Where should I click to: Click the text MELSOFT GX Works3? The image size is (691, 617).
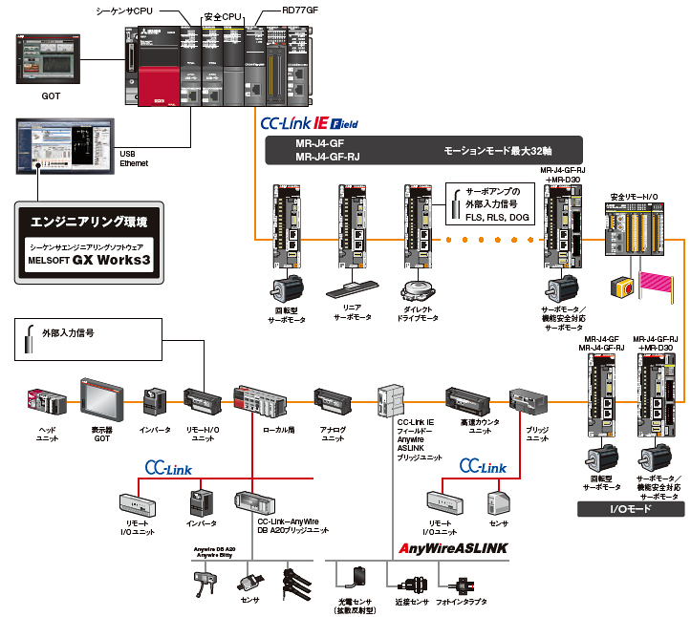point(90,259)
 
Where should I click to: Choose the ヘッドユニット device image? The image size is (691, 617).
point(47,402)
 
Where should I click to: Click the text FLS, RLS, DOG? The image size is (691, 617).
point(497,217)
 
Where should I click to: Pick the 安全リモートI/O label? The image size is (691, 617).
point(634,197)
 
